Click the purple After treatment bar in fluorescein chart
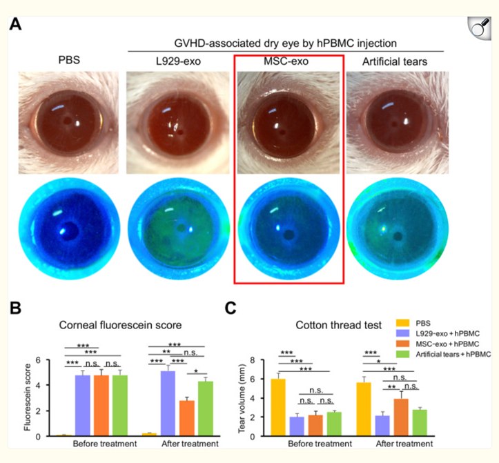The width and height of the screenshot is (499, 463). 168,404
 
